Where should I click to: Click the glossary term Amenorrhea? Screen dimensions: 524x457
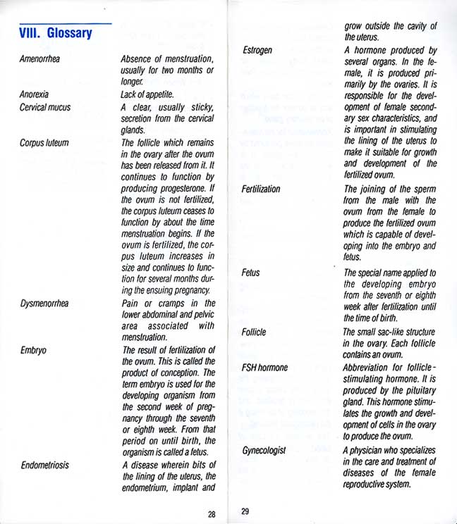point(39,59)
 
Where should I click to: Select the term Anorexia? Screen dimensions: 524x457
point(35,94)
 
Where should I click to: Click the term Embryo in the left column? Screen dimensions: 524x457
point(33,349)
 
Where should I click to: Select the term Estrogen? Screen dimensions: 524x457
point(257,51)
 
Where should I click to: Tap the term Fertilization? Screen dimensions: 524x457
point(261,189)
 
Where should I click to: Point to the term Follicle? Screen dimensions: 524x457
point(254,332)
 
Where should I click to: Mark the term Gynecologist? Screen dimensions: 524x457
point(264,449)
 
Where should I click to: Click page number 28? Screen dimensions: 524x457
point(212,513)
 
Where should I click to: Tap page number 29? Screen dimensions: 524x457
point(245,512)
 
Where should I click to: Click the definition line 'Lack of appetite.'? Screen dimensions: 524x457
point(147,94)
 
